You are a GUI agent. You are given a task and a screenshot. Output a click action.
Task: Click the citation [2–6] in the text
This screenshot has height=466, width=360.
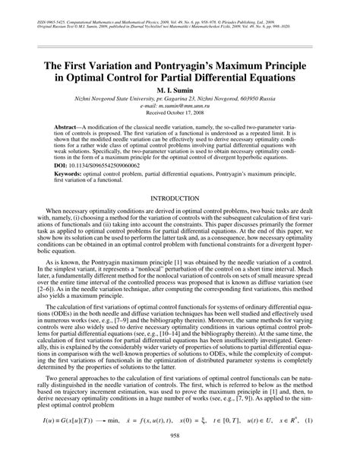[41, 294]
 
